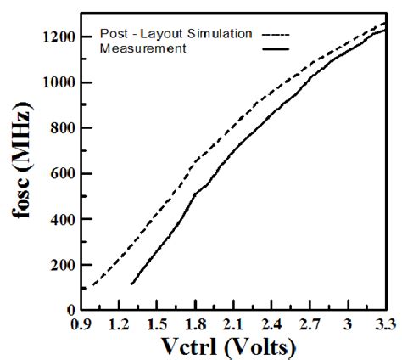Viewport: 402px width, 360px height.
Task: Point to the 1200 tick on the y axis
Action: (64, 37)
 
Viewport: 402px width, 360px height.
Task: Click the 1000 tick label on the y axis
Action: (64, 83)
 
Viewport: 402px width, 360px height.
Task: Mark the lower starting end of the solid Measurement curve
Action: (131, 284)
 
